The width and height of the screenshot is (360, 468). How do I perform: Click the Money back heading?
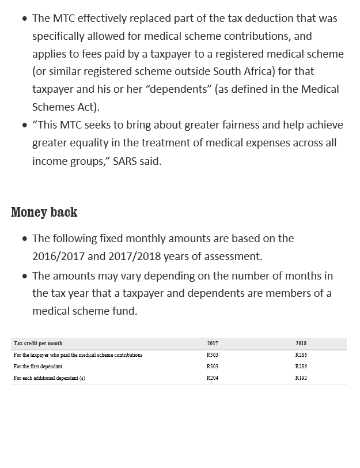44,212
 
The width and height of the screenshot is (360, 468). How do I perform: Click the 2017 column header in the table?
213,344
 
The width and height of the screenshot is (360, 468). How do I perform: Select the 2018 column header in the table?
301,344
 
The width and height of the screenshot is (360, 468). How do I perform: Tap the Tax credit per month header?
38,344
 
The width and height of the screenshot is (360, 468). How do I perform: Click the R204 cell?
213,378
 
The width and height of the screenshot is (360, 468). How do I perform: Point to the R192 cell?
301,378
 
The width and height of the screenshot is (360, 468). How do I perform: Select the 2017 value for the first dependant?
213,367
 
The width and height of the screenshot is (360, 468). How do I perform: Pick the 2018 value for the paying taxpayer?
301,355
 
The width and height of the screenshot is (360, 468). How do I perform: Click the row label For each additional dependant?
50,378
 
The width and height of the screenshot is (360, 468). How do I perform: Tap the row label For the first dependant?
38,367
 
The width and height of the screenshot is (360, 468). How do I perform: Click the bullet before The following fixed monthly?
25,239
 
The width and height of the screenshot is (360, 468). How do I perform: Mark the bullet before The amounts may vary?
25,276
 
